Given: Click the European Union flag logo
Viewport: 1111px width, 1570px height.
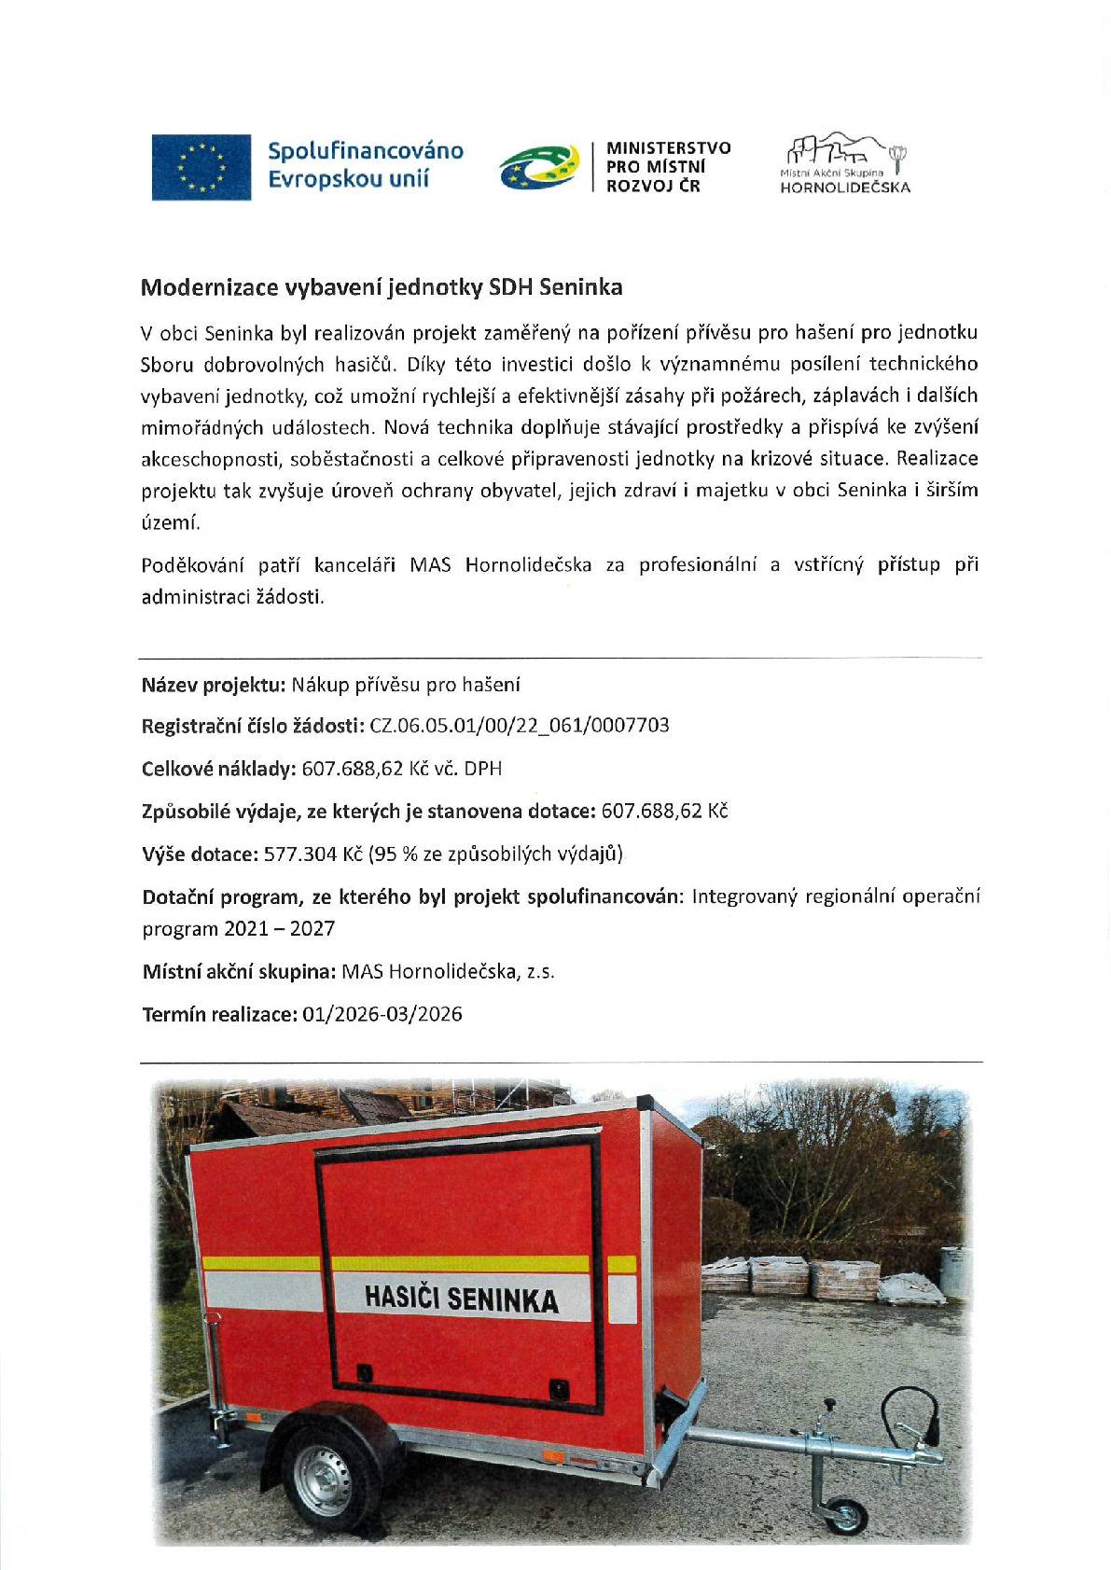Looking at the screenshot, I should pos(201,167).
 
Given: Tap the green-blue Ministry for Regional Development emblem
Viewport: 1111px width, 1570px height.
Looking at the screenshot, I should pos(538,167).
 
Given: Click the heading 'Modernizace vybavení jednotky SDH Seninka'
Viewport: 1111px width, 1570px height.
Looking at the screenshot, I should pos(382,287).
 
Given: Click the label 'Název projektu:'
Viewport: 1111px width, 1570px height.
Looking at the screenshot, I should pos(213,685).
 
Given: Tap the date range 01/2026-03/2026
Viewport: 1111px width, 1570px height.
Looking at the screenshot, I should pos(382,1014).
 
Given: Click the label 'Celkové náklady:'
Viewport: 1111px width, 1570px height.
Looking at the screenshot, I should pos(218,769).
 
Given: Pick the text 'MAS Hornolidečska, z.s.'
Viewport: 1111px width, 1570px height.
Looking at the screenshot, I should pos(448,971).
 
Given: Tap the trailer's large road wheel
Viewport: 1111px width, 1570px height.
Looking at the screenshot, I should pos(323,1480).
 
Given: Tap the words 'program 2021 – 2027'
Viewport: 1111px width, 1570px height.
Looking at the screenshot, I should pos(238,929).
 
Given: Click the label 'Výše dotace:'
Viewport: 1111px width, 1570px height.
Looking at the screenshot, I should pos(199,854).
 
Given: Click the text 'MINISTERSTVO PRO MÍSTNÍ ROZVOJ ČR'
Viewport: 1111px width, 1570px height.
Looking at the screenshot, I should pos(668,166).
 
